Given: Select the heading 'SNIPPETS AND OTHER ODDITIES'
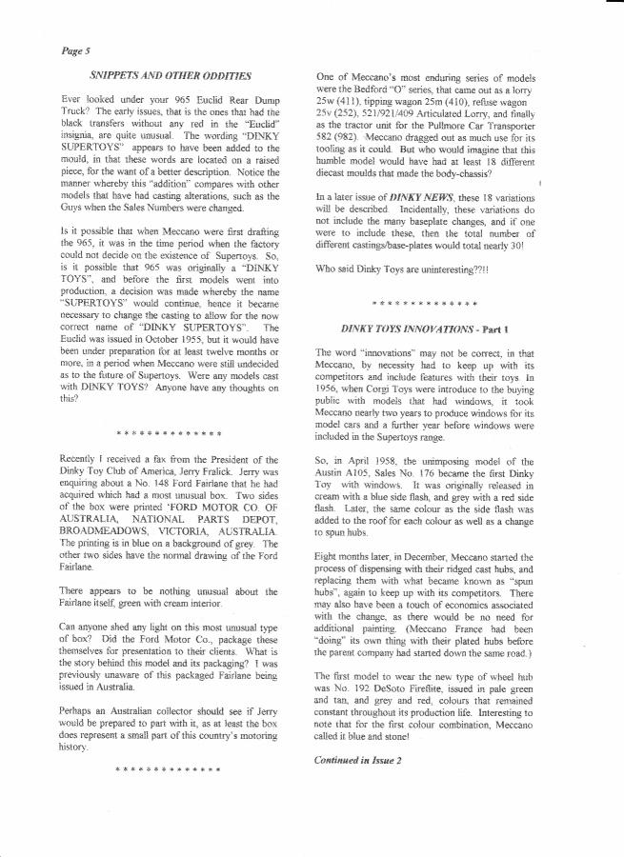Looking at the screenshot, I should tap(171, 74).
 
